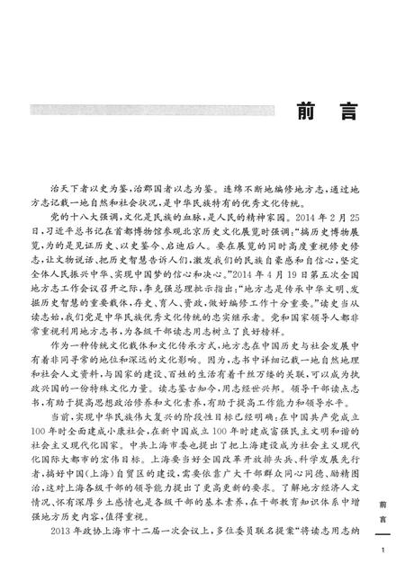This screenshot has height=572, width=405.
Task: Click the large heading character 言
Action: pyautogui.click(x=338, y=116)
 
